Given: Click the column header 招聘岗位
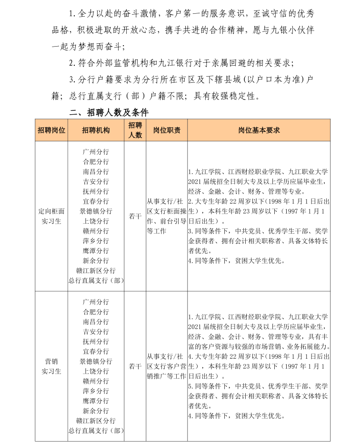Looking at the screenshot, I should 51,130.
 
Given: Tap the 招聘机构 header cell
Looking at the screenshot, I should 96,130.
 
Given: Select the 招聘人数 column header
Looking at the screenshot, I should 135,130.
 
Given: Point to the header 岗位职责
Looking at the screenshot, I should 166,130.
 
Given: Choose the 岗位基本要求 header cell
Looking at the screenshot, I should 259,130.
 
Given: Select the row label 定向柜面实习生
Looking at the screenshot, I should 51,216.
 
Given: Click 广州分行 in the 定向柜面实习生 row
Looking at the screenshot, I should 96,152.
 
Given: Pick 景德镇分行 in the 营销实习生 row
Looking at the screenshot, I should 96,361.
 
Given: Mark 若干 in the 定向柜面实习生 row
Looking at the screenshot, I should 135,216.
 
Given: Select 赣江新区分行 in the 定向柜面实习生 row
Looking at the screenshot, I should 96,271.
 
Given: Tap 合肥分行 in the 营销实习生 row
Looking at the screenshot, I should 96,312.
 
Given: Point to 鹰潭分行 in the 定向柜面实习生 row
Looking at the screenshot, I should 96,251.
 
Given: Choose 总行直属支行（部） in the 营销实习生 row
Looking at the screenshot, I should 96,431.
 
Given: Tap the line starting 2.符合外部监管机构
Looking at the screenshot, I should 181,63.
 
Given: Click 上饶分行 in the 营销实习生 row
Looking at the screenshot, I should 96,371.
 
